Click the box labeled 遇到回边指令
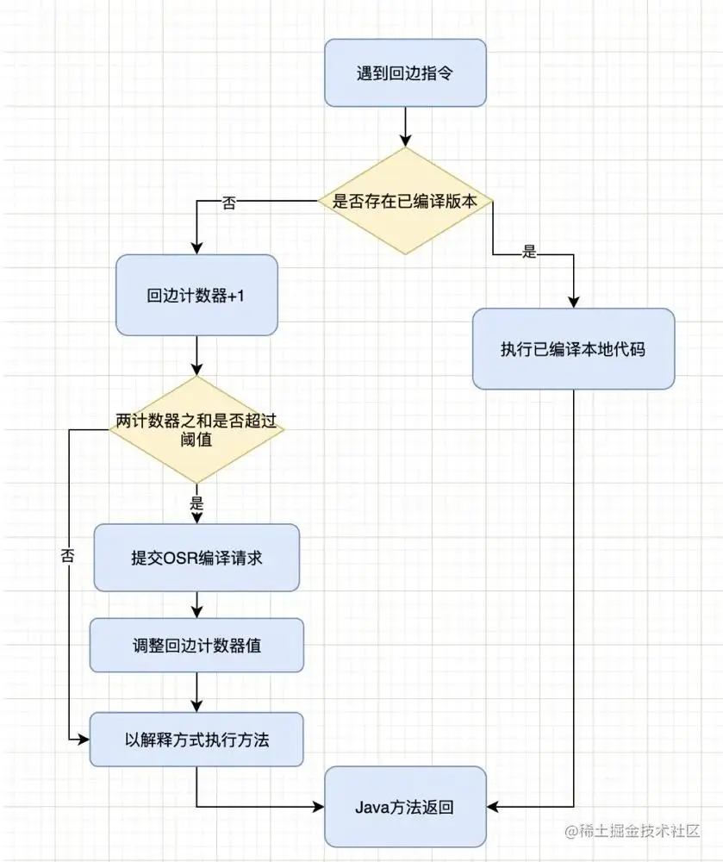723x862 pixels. pos(405,74)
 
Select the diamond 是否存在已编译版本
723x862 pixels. pos(405,201)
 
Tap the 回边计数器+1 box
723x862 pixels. pos(197,295)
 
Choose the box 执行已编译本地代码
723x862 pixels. pos(573,349)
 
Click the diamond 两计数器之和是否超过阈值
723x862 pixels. pos(197,429)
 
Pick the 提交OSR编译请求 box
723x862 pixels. pos(196,558)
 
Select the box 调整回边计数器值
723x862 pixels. pos(196,645)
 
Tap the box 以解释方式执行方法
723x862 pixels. pos(196,739)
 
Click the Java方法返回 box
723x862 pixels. pos(405,808)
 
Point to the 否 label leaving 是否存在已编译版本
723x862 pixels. pos(228,203)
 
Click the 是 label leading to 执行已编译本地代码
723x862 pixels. pos(530,253)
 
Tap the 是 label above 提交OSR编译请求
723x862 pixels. pos(196,503)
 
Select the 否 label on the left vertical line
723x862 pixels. pos(68,555)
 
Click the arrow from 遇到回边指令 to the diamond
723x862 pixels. pos(405,127)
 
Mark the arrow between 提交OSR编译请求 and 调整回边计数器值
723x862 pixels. pos(197,604)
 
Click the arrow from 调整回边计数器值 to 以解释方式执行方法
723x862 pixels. pos(197,692)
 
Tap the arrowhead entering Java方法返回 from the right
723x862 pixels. pos(494,808)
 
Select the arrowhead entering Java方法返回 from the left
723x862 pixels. pos(317,808)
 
